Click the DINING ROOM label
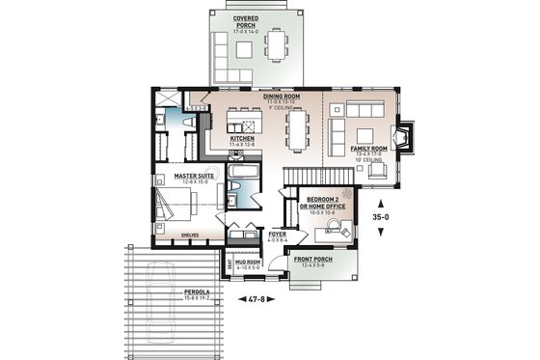pos(283,97)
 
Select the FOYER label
pos(275,235)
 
